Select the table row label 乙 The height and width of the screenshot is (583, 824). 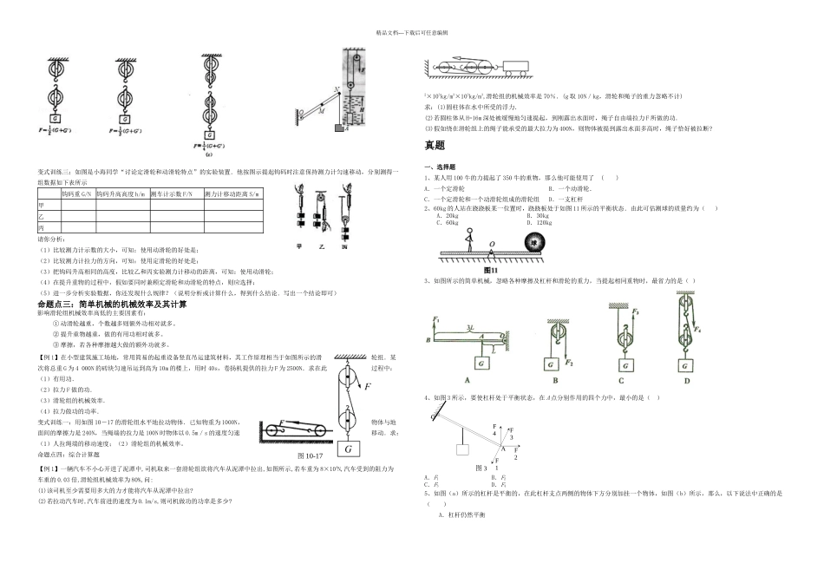pos(41,215)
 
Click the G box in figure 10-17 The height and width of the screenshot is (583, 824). pos(348,449)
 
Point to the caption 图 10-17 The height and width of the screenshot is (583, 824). pos(310,456)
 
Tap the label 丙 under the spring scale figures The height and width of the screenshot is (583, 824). pos(343,246)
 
